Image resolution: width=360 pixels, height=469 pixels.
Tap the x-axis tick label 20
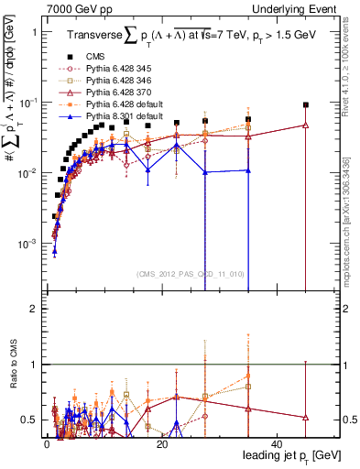[162, 443]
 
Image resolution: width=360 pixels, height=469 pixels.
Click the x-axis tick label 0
[47, 443]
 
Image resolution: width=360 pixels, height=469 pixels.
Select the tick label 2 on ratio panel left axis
[34, 309]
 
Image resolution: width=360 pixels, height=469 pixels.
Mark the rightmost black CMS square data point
[306, 105]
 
